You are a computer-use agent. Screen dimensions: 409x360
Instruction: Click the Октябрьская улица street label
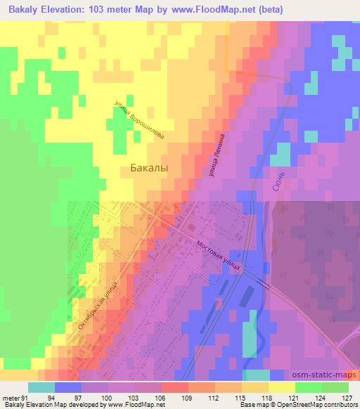[95, 305]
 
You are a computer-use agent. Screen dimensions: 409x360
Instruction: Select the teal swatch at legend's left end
[41, 387]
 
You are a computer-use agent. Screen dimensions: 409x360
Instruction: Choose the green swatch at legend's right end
[335, 387]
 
